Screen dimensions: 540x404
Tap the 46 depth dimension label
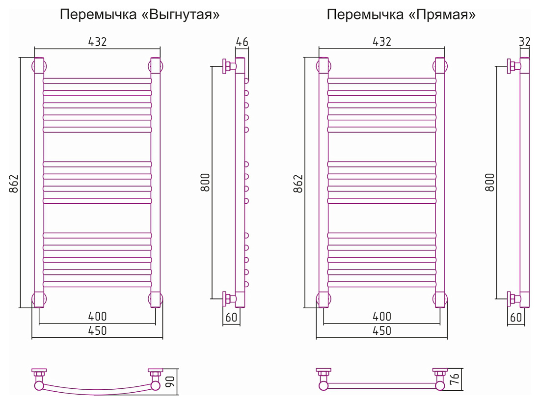(x=242, y=42)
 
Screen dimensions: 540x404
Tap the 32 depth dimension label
(x=524, y=42)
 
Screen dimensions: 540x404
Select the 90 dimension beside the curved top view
(x=170, y=381)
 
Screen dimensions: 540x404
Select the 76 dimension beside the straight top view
(x=455, y=378)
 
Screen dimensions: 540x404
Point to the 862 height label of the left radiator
(x=13, y=184)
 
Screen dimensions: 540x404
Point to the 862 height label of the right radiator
(x=298, y=184)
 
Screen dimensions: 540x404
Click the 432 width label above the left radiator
(x=98, y=42)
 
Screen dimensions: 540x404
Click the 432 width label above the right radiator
(x=382, y=42)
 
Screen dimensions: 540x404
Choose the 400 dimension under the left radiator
(x=98, y=316)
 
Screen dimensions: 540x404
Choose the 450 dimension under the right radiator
(x=382, y=331)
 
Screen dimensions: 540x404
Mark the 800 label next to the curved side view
(x=205, y=183)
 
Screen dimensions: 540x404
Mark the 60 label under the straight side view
(x=516, y=317)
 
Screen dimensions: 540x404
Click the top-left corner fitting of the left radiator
(x=39, y=66)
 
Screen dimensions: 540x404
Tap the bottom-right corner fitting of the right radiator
(x=440, y=299)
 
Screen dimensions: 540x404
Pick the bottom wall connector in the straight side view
(x=513, y=298)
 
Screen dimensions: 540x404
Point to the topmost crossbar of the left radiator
(x=98, y=81)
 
